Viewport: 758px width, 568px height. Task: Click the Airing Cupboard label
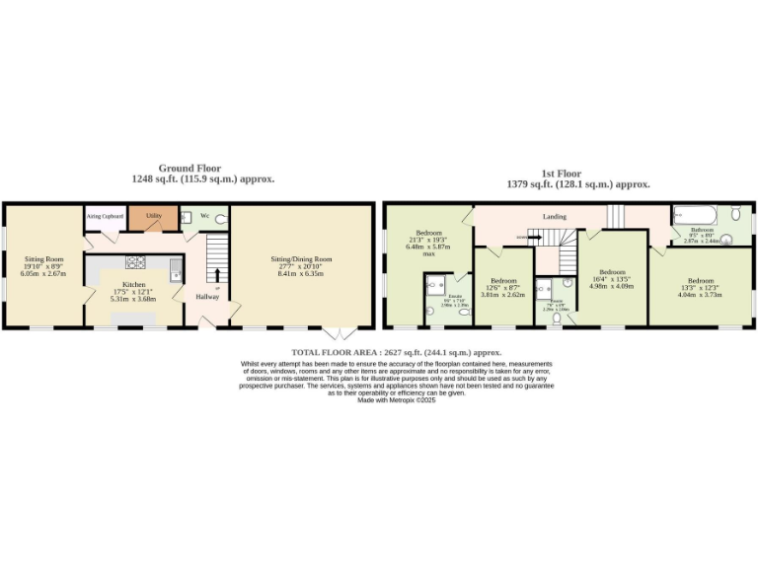coord(105,214)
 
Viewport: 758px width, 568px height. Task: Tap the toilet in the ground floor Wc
coord(220,219)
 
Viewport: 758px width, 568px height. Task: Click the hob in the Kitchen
coord(135,262)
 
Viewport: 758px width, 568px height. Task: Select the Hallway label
coord(206,296)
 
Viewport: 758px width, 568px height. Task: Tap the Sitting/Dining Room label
coord(302,259)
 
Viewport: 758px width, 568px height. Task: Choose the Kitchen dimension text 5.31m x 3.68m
coord(132,299)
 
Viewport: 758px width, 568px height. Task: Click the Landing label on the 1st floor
coord(554,216)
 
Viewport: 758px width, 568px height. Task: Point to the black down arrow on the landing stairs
coord(522,237)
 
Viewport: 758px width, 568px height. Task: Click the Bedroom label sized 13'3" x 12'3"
coord(700,279)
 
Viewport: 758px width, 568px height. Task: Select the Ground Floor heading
coord(189,169)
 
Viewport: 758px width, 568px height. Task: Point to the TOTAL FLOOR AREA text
coord(396,352)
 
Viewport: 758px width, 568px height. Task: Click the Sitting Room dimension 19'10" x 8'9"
coord(44,266)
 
